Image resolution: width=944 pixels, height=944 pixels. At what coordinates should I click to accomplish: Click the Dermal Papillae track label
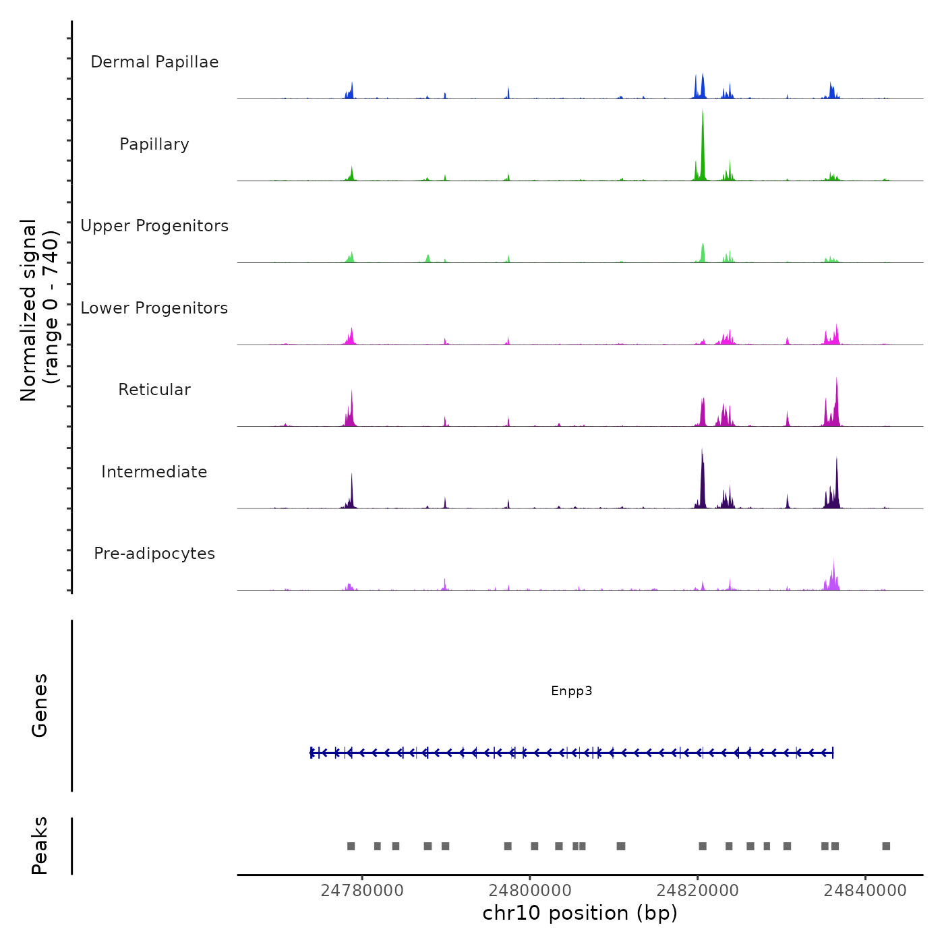[x=154, y=62]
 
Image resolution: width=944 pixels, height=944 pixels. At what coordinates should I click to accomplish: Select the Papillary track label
[x=154, y=144]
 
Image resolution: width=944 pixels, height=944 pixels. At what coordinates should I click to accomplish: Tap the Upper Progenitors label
[x=154, y=226]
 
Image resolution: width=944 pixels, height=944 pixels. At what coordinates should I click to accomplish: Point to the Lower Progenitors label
[x=154, y=308]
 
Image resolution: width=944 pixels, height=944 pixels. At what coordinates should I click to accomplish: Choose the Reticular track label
[x=154, y=390]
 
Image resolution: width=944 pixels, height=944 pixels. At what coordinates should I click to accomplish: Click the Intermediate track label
[x=154, y=472]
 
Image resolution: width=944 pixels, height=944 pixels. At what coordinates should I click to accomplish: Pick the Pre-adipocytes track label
[x=154, y=554]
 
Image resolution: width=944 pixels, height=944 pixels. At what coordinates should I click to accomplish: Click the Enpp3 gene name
[x=572, y=690]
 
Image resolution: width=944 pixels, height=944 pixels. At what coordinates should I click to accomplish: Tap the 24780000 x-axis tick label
[x=362, y=891]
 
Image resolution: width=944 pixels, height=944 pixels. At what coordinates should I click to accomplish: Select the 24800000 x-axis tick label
[x=530, y=891]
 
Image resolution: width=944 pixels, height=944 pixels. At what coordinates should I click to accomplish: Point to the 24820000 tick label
[x=698, y=891]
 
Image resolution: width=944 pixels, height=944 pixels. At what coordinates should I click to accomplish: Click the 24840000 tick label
[x=866, y=891]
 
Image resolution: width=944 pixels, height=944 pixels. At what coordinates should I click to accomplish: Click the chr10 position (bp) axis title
[x=580, y=913]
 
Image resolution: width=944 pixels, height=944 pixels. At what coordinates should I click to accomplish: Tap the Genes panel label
[x=40, y=705]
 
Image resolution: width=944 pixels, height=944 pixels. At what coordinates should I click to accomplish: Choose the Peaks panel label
[x=40, y=846]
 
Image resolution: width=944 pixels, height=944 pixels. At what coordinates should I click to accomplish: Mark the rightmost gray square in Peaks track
[x=886, y=846]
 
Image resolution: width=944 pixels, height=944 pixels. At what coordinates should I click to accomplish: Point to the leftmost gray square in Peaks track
[x=351, y=846]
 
